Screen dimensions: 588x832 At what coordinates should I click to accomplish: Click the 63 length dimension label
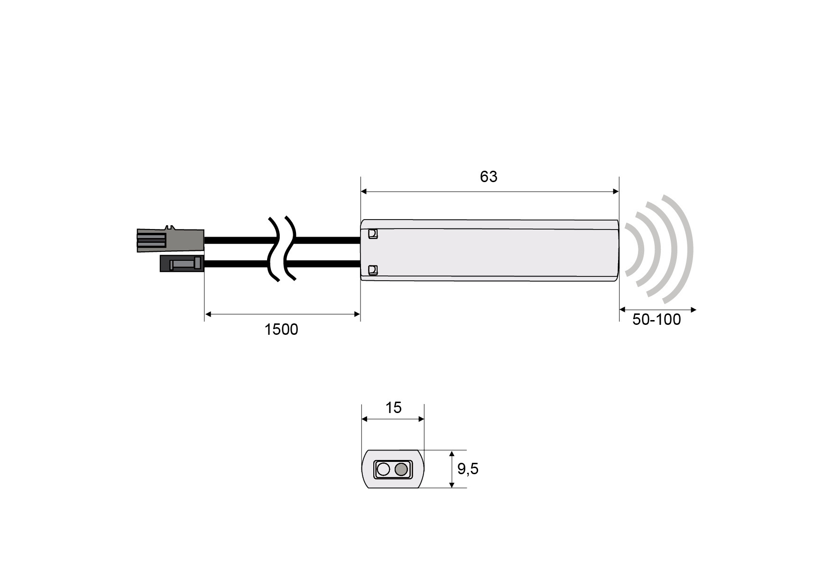[489, 176]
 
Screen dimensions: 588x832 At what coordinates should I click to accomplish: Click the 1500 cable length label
[281, 329]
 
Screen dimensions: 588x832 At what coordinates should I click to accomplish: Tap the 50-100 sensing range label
[656, 320]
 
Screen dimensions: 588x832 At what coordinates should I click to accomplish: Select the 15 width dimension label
[393, 407]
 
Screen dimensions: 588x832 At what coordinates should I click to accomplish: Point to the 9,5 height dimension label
[468, 469]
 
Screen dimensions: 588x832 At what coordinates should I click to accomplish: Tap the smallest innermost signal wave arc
[638, 249]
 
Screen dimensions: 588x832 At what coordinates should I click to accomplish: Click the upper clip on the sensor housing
[373, 234]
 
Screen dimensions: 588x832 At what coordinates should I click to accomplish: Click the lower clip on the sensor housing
[373, 270]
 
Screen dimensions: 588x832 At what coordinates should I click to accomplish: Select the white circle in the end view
[383, 469]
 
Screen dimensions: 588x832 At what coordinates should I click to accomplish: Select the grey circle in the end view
[401, 469]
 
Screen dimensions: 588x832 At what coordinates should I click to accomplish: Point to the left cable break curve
[274, 249]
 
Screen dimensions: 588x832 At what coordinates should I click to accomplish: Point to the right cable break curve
[290, 249]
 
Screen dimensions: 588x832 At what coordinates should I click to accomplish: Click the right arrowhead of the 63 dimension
[616, 192]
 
